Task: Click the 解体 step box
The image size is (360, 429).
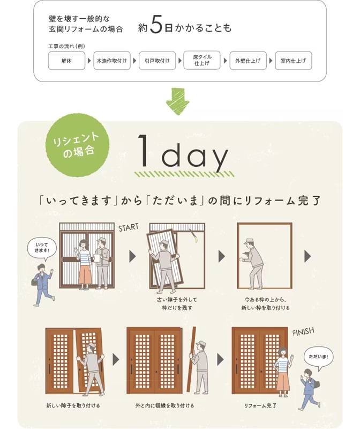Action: point(66,61)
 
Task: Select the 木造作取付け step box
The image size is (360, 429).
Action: point(112,61)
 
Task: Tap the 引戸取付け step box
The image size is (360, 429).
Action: point(157,61)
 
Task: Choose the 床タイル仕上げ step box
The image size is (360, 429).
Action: point(202,60)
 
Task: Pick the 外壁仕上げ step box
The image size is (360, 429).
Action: point(248,61)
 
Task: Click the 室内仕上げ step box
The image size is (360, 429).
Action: point(293,61)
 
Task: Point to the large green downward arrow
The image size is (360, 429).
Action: point(178,101)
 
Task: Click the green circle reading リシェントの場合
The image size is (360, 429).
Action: point(77,145)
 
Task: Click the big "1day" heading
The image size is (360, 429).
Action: point(183,154)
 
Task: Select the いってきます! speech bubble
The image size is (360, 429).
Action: point(42,248)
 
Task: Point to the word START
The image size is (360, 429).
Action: point(129,227)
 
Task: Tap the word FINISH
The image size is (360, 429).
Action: point(303,332)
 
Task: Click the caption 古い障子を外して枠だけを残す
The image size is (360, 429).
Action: point(177,304)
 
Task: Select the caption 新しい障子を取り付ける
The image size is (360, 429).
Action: point(73,405)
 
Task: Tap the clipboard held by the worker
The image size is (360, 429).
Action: point(97,258)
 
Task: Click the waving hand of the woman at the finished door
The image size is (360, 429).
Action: point(291,357)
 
